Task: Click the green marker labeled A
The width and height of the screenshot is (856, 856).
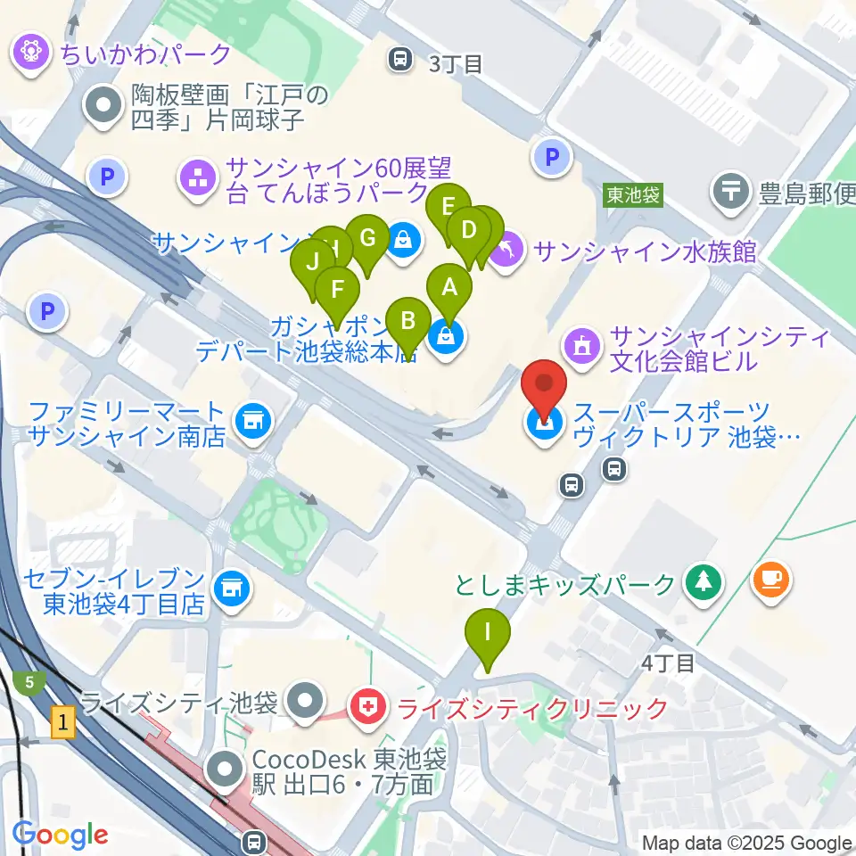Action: pos(449,288)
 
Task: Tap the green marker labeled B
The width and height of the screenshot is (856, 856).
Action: pos(408,320)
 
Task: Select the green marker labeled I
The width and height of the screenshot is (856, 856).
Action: pos(487,633)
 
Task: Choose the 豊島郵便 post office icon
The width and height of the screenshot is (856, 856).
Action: pos(731,190)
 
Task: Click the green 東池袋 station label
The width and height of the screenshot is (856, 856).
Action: pos(633,194)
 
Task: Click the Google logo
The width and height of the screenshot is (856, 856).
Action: pos(60,835)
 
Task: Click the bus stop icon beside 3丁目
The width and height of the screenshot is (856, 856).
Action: pos(400,61)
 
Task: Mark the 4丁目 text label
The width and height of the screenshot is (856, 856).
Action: pos(668,663)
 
